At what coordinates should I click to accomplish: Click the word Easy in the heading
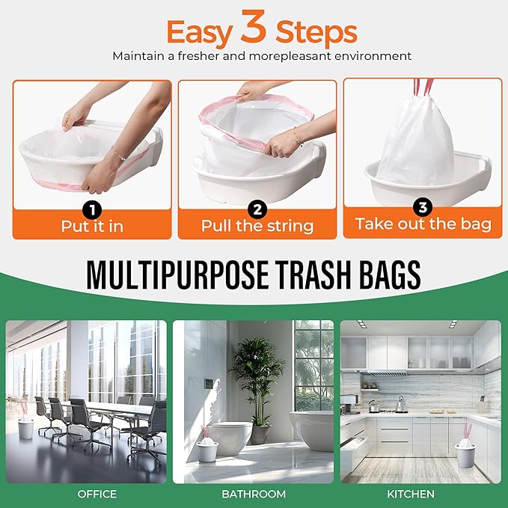198,32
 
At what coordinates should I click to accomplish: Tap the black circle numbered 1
91,208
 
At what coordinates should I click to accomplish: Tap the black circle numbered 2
257,208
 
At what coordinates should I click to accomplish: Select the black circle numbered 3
423,207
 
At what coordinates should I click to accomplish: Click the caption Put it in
91,225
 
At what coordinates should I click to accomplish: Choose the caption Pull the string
257,225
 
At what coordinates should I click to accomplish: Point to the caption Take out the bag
423,224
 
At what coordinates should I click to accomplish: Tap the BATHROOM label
254,494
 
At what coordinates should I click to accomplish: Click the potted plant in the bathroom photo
257,374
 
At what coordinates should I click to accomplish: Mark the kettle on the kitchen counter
401,405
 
